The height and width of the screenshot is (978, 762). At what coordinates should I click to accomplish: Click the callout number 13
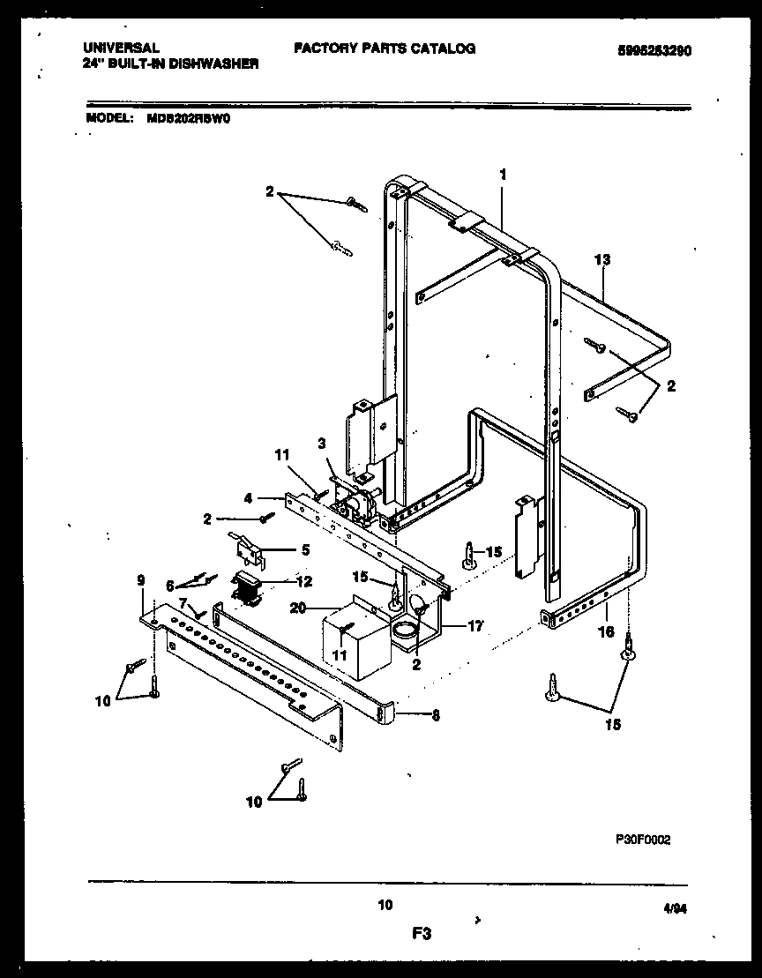tap(602, 260)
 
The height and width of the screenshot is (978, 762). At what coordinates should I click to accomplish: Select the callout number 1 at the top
tap(503, 175)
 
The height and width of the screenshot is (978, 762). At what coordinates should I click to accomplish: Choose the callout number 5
tap(305, 549)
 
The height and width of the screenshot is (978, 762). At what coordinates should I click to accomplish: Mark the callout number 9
tap(140, 581)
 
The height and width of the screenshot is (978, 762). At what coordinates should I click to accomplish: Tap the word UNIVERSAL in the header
tap(122, 49)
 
